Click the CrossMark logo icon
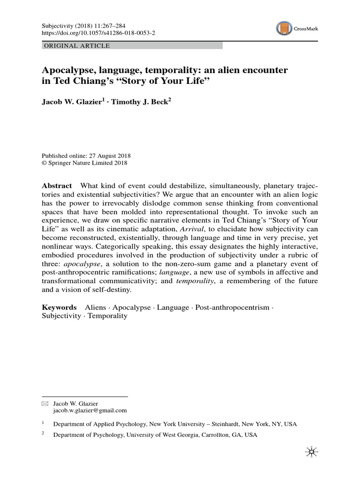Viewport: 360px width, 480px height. pyautogui.click(x=284, y=29)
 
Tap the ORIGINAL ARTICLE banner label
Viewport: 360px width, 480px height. pyautogui.click(x=76, y=46)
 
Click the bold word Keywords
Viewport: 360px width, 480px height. pyautogui.click(x=59, y=307)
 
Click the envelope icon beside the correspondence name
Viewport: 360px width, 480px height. pyautogui.click(x=45, y=403)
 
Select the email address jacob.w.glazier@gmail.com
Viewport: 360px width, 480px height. pyautogui.click(x=90, y=410)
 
